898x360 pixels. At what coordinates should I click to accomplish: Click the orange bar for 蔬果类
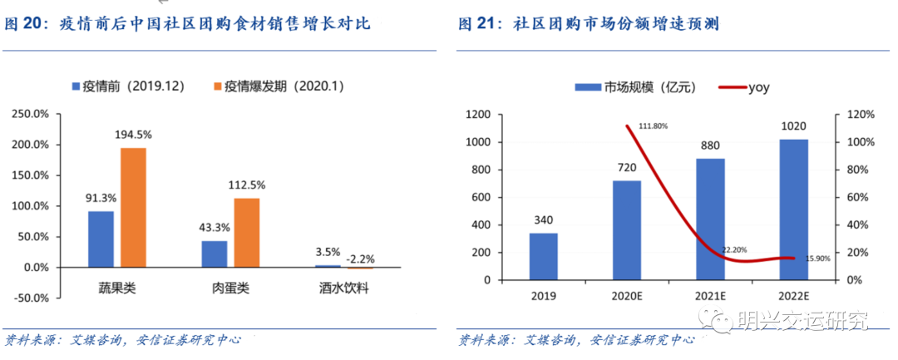(133, 208)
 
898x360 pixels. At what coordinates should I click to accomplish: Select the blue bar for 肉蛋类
(214, 254)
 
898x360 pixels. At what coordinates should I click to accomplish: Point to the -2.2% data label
(361, 258)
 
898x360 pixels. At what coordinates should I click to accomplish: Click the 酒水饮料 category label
(343, 288)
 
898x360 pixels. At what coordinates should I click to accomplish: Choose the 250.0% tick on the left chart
(31, 114)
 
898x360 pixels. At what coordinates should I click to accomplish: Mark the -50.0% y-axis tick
(31, 298)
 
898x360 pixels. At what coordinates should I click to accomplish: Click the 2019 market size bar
(543, 256)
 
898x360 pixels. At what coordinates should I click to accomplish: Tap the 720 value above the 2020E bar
(627, 167)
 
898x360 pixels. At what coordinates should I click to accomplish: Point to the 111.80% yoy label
(653, 126)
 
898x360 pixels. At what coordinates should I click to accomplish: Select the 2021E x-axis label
(710, 295)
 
